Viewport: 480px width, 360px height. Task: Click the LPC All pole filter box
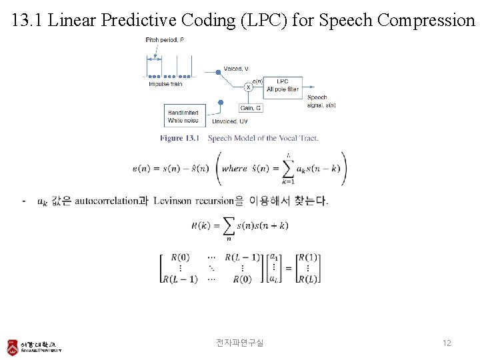tap(283, 85)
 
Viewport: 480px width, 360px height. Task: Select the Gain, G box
tap(250, 107)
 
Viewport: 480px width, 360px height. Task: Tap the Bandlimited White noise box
tap(183, 117)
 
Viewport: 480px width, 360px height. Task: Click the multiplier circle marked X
tap(248, 87)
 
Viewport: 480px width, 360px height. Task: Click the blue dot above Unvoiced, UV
tap(221, 102)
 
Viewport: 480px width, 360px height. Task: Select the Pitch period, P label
tap(165, 40)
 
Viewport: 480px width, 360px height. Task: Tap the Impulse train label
tap(165, 84)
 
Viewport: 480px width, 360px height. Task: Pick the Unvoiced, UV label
tap(230, 121)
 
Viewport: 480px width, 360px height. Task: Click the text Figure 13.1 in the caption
tap(180, 138)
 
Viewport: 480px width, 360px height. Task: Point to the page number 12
tap(447, 343)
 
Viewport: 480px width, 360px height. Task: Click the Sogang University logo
tap(34, 347)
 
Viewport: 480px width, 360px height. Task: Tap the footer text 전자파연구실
tap(239, 343)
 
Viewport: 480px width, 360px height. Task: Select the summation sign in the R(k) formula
tap(228, 225)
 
